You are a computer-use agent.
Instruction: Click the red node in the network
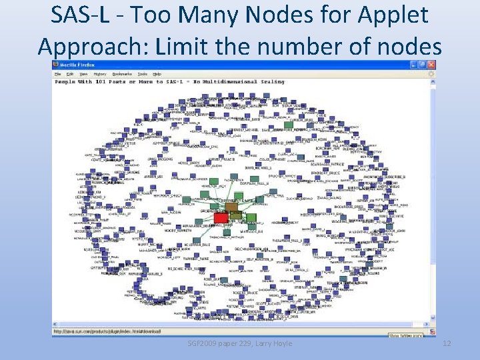click(221, 217)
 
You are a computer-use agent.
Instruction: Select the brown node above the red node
click(231, 207)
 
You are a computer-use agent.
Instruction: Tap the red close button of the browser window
click(431, 65)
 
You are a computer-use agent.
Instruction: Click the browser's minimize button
click(414, 65)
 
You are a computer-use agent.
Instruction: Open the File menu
click(58, 73)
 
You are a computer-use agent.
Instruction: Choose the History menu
click(99, 73)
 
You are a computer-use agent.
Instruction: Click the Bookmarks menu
click(121, 73)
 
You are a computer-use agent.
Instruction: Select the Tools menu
click(142, 73)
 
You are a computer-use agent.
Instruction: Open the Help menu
click(157, 73)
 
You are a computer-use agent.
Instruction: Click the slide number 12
click(447, 343)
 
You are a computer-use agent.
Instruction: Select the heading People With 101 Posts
click(93, 82)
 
